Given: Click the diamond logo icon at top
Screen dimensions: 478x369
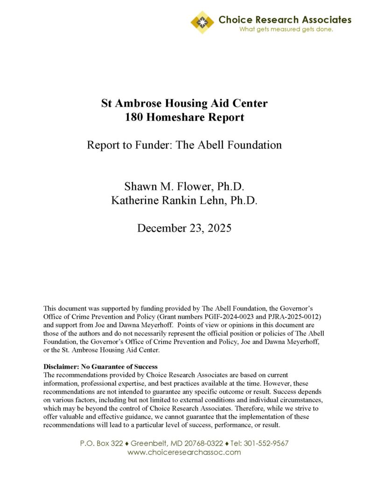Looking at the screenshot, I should (x=202, y=22).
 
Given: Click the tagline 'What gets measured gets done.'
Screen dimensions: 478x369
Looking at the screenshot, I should (x=286, y=29).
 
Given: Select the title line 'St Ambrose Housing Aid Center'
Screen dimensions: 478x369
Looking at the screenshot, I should (x=185, y=103).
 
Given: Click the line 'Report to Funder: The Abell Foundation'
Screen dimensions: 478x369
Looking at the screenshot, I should (x=185, y=145).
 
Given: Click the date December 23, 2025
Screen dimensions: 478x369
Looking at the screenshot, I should (x=184, y=229).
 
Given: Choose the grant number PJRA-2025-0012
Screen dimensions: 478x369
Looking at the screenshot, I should (x=293, y=316).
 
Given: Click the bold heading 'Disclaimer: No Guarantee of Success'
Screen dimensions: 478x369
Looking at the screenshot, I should (x=100, y=366).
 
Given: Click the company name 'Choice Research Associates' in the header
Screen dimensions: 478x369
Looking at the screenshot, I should (x=285, y=20).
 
